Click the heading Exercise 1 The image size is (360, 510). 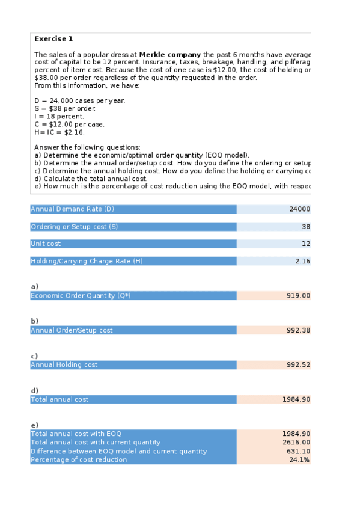coord(53,39)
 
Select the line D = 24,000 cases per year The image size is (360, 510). coord(80,100)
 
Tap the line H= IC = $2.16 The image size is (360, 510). coord(59,132)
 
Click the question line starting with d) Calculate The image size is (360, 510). coord(91,179)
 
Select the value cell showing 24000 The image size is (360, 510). coord(299,209)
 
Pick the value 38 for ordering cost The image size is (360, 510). coord(306,227)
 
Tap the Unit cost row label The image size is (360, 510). coord(46,244)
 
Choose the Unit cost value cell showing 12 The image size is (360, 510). coord(306,244)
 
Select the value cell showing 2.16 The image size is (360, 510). coord(302,261)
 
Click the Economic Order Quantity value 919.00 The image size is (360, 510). coord(298,295)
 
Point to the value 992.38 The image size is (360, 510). coord(298,330)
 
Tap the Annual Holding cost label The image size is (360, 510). coord(64,364)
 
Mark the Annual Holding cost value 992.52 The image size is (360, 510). coord(298,364)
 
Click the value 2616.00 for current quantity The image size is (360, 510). coord(296,442)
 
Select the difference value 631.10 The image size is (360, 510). coord(298,451)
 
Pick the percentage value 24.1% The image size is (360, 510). coord(300,459)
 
